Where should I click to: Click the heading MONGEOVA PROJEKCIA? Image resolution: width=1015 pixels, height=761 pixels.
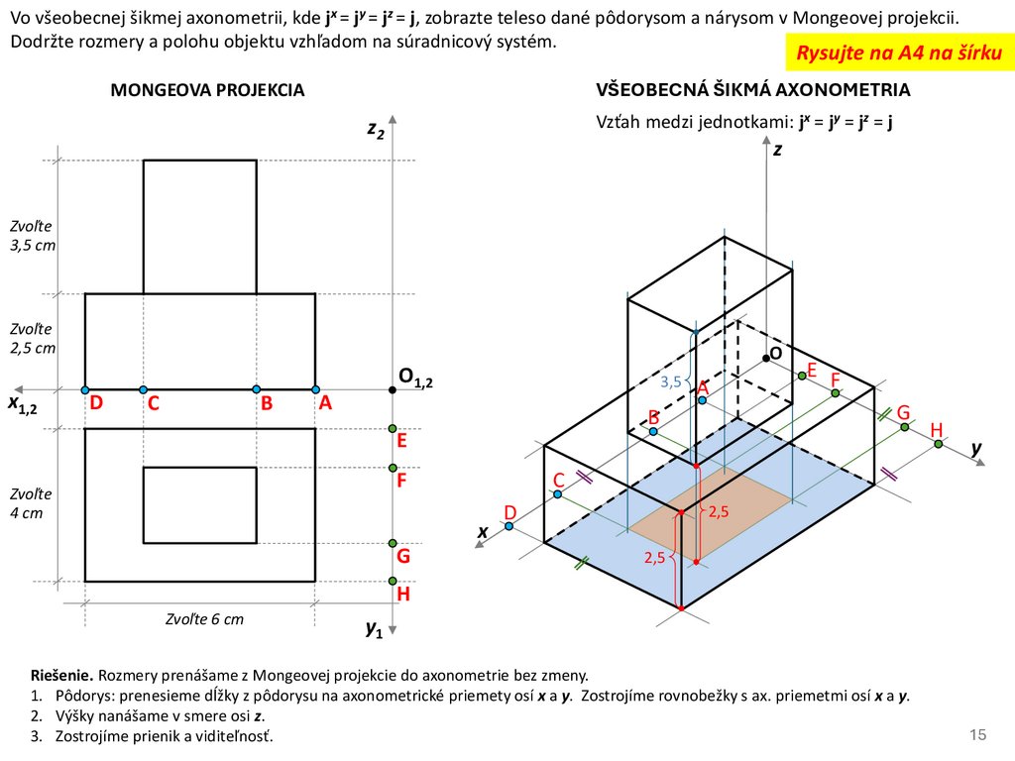(207, 90)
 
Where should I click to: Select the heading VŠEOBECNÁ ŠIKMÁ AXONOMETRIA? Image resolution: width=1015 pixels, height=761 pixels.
(753, 90)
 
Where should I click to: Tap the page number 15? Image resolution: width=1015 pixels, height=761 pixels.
(978, 734)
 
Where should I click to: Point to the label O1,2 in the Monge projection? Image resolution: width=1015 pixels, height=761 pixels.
(416, 377)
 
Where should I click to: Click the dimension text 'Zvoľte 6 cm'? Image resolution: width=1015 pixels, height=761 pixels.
(204, 619)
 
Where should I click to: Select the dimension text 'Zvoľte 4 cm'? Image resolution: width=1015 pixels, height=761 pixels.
(31, 502)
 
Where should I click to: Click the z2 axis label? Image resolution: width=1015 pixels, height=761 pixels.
(376, 129)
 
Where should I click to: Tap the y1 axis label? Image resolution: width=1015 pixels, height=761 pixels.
(374, 628)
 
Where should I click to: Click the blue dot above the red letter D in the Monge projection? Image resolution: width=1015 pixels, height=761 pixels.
(86, 389)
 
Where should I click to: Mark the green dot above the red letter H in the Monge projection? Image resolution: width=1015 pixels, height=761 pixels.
(394, 581)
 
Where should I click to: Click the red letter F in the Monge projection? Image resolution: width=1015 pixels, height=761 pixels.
(402, 482)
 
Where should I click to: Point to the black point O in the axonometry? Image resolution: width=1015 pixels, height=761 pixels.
(764, 356)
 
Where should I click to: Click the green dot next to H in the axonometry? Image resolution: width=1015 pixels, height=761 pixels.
(939, 444)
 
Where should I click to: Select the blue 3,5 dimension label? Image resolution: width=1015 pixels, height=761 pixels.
(671, 381)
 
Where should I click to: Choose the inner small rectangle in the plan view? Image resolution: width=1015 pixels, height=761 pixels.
(200, 505)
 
